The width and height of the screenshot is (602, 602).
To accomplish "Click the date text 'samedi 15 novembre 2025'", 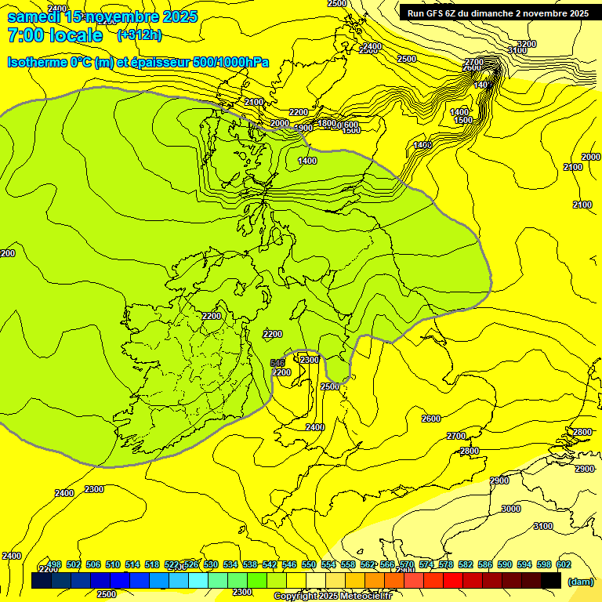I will tap(103, 16).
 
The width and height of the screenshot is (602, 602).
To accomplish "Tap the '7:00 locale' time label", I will tap(55, 35).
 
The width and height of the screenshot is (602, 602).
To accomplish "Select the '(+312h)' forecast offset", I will tap(140, 35).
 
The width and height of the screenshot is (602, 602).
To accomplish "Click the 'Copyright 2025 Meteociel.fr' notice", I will tap(332, 597).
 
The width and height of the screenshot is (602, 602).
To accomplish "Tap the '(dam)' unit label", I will tap(579, 581).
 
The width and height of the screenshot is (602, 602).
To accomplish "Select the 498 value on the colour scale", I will tap(54, 564).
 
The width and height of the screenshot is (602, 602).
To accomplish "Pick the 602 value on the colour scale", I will tap(564, 564).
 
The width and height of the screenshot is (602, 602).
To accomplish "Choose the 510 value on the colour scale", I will tap(113, 564).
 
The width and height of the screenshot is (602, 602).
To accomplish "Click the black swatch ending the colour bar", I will tap(551, 580).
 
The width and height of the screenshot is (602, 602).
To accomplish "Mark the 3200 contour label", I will tap(527, 44).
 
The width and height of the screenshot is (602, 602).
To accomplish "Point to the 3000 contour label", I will tap(510, 509).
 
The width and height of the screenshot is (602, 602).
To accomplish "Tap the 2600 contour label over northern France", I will tap(431, 419).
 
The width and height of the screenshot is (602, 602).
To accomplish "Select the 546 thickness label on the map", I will tap(277, 362).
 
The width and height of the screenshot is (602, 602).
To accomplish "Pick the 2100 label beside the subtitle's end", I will tap(254, 102).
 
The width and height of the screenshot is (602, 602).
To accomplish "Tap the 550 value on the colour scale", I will tap(309, 564).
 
